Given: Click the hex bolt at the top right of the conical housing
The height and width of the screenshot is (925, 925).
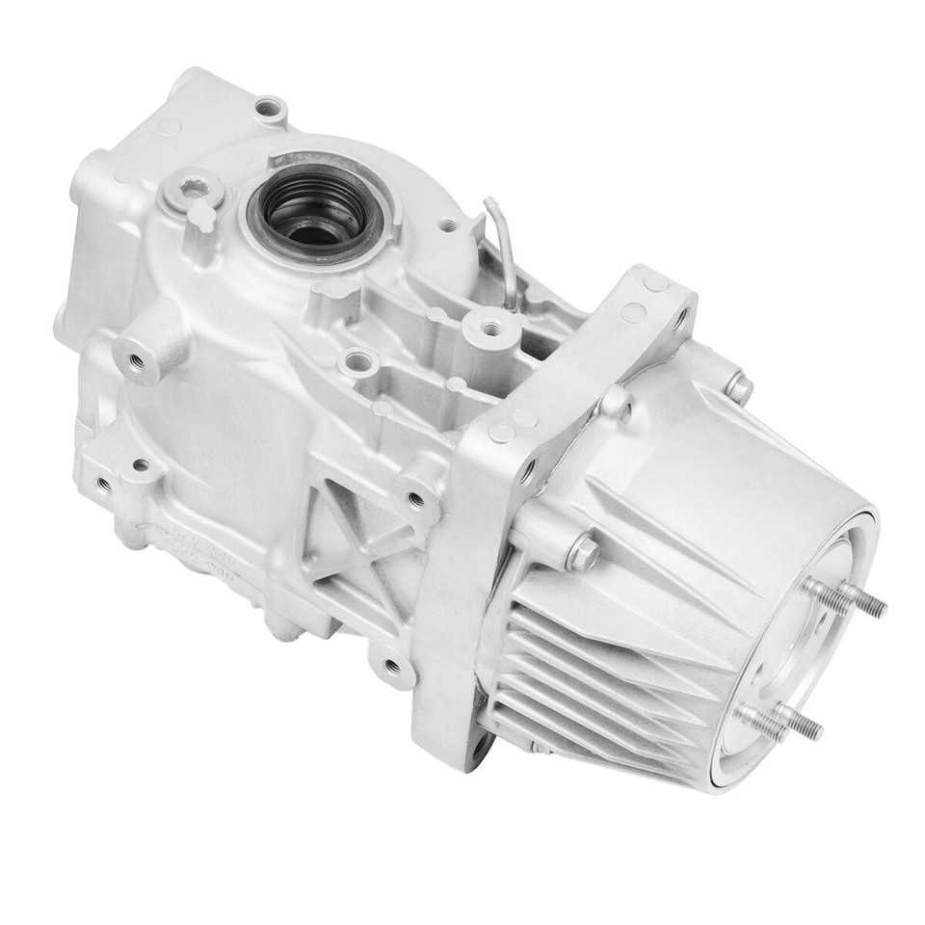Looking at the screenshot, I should (x=738, y=387).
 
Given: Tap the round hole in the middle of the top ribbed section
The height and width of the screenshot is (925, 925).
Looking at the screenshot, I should (x=358, y=363).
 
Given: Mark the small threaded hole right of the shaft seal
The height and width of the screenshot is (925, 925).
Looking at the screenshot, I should (x=446, y=225).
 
